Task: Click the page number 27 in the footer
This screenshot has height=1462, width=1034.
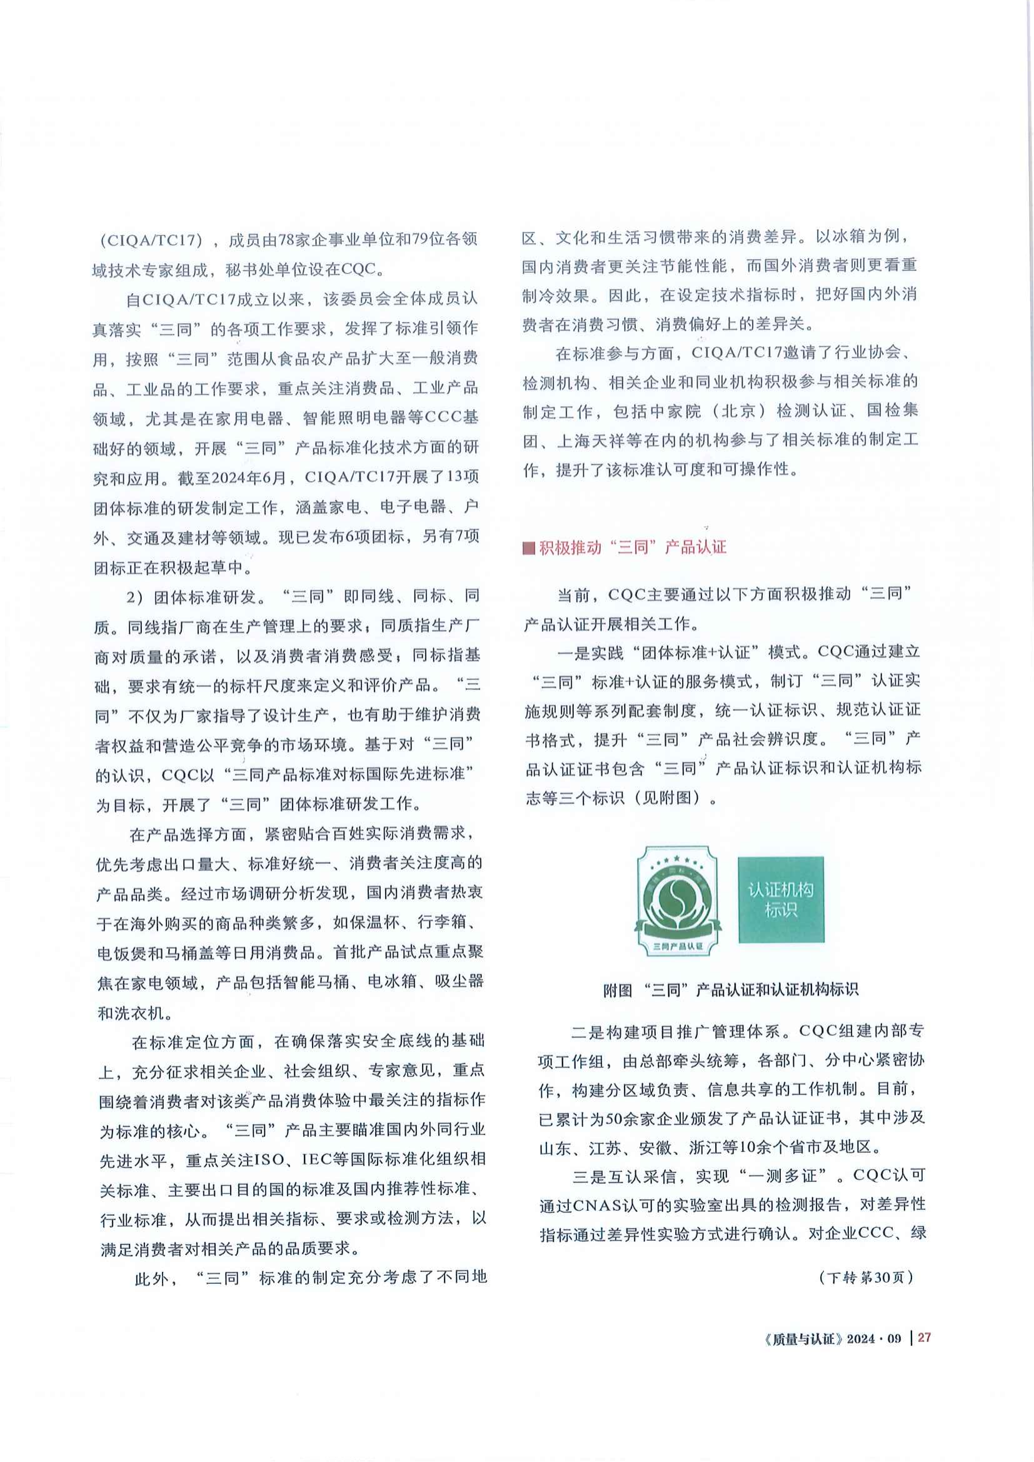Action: tap(925, 1337)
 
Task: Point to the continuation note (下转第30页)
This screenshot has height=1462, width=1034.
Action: tap(866, 1278)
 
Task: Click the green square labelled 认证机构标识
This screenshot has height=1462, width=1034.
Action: tap(781, 899)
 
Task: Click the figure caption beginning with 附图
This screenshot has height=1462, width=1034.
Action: tap(730, 989)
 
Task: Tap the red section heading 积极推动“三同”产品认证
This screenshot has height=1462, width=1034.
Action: tap(632, 547)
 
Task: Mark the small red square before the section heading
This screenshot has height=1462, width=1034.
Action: tap(528, 548)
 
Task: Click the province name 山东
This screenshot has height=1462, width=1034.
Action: tap(555, 1148)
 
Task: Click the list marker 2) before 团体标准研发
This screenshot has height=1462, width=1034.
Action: tap(134, 598)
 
